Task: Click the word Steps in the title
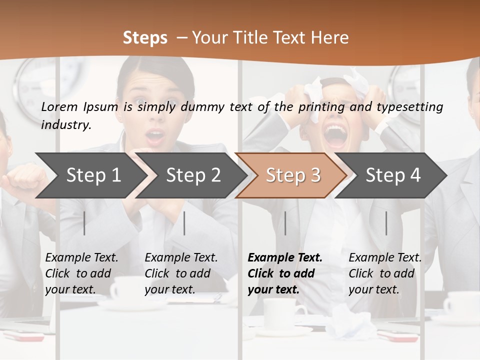click(145, 37)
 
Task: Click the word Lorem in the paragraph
click(59, 106)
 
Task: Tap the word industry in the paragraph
click(66, 124)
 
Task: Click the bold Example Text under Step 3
click(285, 258)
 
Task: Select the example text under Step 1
click(81, 273)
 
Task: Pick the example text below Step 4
click(385, 273)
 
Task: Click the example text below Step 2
click(181, 273)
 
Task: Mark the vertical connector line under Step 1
click(84, 223)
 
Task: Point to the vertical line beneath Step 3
click(285, 223)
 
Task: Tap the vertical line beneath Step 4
click(386, 223)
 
